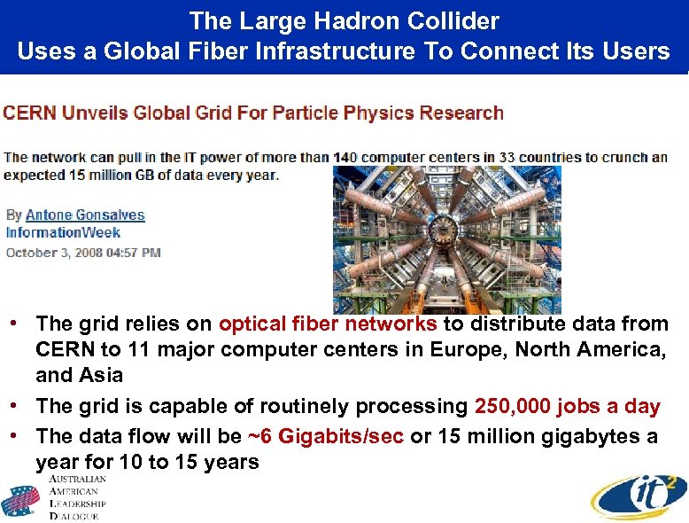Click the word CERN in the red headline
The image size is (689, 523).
pyautogui.click(x=29, y=113)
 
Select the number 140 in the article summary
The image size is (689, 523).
pyautogui.click(x=345, y=158)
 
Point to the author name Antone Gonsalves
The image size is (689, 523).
pyautogui.click(x=85, y=215)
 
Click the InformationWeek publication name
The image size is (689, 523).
pyautogui.click(x=63, y=233)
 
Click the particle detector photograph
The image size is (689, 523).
pyautogui.click(x=447, y=239)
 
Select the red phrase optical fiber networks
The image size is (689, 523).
pyautogui.click(x=328, y=324)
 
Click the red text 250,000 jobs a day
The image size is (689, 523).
pyautogui.click(x=568, y=407)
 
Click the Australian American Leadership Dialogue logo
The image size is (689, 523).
pyautogui.click(x=55, y=498)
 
